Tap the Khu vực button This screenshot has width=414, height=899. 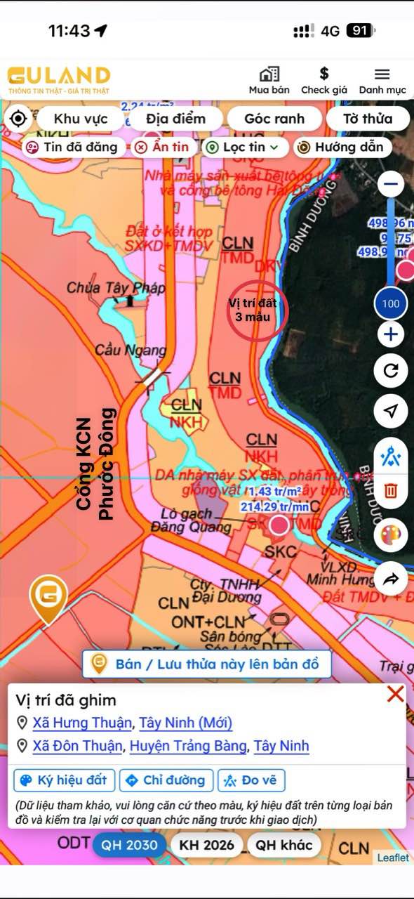[x=81, y=119]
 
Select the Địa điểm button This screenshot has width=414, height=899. [x=175, y=119]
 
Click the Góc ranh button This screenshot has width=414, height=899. [x=274, y=119]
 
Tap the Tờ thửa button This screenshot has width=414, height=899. [x=367, y=119]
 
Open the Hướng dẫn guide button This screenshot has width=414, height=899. [x=341, y=147]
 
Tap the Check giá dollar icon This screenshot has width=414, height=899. [x=324, y=74]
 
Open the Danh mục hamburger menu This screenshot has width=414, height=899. [x=382, y=74]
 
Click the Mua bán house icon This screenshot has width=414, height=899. [x=269, y=74]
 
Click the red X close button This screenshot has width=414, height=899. [x=395, y=695]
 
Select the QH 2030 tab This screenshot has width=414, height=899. [x=129, y=844]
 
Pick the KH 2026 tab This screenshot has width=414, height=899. [x=208, y=844]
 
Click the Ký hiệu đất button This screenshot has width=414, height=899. [x=65, y=780]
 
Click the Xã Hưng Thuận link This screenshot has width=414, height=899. [x=82, y=723]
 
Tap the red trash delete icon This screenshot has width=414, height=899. [x=391, y=492]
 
